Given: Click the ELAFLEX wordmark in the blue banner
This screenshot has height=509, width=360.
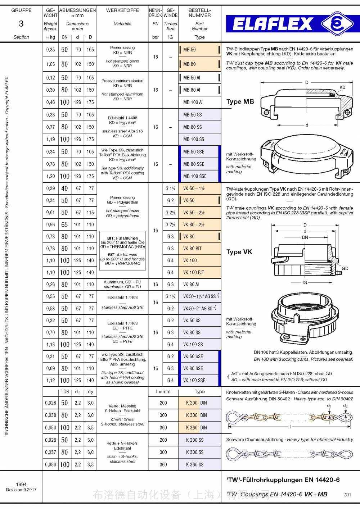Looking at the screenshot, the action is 273,24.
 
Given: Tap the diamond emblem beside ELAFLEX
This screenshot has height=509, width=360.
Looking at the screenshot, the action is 337,23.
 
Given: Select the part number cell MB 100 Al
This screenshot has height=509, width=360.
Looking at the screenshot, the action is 193,102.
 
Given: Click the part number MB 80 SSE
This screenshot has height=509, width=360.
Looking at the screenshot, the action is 194,164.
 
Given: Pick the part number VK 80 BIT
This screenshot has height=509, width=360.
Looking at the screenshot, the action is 192,249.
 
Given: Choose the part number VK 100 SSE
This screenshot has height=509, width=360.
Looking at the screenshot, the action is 194,380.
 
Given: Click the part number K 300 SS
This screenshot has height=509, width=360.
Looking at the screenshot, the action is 195,452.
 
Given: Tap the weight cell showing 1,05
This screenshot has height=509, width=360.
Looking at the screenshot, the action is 50,64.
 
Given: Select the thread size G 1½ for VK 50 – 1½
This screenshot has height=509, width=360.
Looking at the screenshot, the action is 170,188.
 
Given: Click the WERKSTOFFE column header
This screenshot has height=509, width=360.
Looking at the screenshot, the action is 122,10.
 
